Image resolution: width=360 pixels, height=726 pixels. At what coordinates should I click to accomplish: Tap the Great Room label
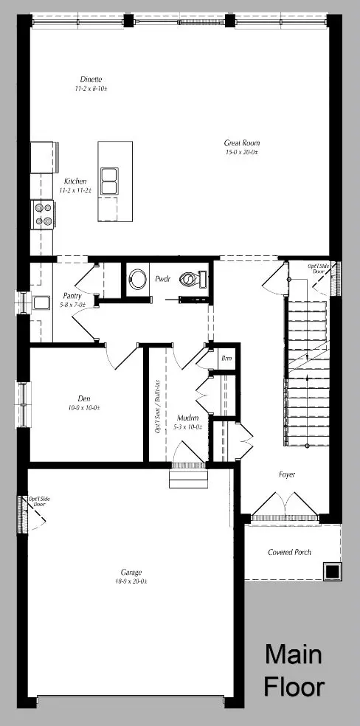pyautogui.click(x=242, y=143)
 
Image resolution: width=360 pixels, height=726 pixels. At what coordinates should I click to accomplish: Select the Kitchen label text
pyautogui.click(x=75, y=181)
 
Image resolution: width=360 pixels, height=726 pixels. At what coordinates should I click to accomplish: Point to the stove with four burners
pyautogui.click(x=42, y=213)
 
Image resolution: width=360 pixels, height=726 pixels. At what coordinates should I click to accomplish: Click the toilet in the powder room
pyautogui.click(x=193, y=280)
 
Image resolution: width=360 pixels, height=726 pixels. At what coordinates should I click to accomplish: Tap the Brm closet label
pyautogui.click(x=226, y=359)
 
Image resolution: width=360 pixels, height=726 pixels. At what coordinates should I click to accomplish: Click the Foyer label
pyautogui.click(x=287, y=474)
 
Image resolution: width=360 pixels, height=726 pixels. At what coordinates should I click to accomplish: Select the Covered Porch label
pyautogui.click(x=289, y=552)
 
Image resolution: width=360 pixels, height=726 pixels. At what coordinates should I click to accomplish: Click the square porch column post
pyautogui.click(x=331, y=571)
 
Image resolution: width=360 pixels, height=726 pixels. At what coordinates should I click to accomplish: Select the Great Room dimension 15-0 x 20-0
pyautogui.click(x=242, y=153)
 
